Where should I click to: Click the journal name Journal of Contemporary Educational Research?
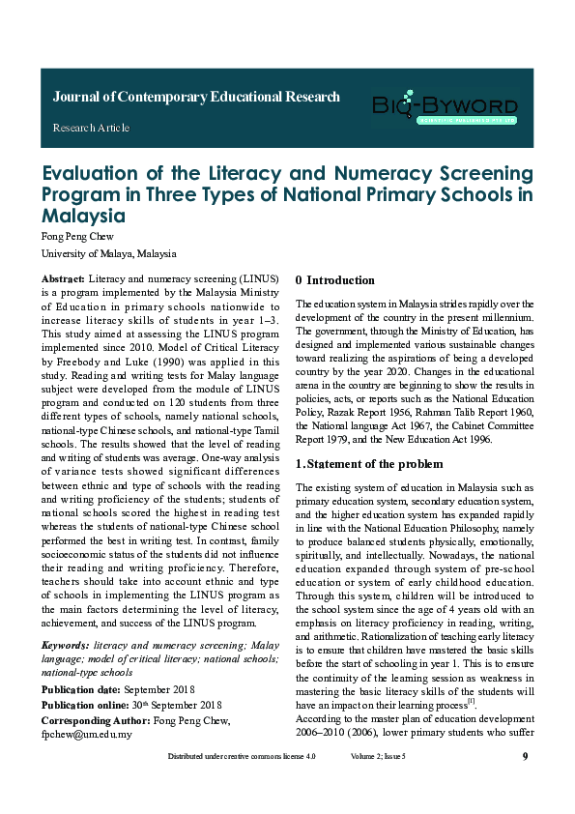pyautogui.click(x=196, y=97)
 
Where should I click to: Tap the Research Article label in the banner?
pyautogui.click(x=91, y=128)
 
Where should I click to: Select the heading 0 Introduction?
pyautogui.click(x=335, y=280)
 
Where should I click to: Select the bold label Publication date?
pyautogui.click(x=80, y=689)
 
